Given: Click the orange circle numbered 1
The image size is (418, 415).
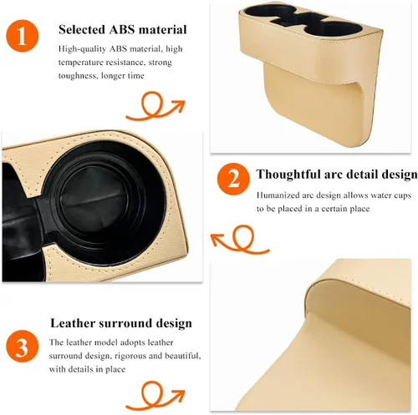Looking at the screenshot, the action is coord(23,36).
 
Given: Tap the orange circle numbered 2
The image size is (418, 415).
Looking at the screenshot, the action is coord(233,180).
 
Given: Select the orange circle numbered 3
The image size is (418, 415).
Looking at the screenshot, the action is coord(23,346).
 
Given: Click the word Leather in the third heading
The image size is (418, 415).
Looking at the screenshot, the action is coord(73,323).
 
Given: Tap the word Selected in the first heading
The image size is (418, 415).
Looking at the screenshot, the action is coord(82,29).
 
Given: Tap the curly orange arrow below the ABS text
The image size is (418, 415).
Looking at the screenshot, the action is coord(155,106).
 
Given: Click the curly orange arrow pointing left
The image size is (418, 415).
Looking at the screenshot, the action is coord(240,240).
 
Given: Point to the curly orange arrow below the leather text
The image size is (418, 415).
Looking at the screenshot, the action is coord(155,396).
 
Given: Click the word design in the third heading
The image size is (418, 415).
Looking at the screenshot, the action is coord(174,323).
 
